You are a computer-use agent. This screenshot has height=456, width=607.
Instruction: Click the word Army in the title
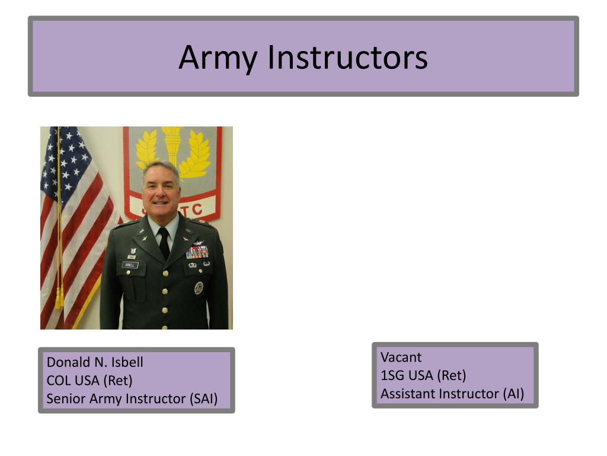click(218, 58)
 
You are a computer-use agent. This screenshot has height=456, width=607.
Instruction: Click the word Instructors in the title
click(347, 58)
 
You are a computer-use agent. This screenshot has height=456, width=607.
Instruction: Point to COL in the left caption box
click(57, 381)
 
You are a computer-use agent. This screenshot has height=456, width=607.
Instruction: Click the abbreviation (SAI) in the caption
click(203, 399)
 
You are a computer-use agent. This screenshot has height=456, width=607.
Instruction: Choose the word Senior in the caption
click(66, 399)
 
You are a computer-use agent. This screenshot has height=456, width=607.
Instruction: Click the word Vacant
click(401, 357)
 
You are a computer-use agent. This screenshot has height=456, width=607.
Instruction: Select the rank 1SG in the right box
click(392, 375)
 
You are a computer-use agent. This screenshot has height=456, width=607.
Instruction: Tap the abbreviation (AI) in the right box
click(513, 394)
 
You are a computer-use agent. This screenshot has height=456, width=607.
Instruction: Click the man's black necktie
click(164, 242)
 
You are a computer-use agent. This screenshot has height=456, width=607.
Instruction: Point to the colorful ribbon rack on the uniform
click(197, 252)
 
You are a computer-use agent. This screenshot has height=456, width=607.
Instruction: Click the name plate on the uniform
click(130, 265)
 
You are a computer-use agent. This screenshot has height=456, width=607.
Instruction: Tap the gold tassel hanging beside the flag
click(59, 297)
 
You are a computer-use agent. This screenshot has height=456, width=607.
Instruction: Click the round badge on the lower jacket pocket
click(199, 288)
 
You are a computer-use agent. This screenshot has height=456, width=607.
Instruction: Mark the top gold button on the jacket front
click(164, 274)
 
